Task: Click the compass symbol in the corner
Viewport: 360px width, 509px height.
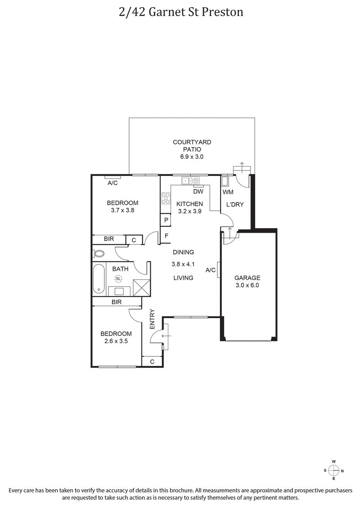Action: [333, 470]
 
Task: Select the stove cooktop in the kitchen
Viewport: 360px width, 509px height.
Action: [166, 198]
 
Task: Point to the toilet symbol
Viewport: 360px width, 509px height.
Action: [99, 253]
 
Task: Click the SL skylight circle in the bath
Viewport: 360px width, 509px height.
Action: [118, 279]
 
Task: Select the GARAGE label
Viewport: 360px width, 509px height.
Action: [247, 278]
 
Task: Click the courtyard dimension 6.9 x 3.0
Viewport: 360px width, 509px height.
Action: [192, 157]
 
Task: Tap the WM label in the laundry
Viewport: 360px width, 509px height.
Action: [228, 192]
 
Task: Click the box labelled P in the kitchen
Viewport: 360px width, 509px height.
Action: [166, 220]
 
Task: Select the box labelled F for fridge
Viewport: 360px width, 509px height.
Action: [166, 235]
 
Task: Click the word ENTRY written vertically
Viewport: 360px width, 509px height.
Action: [153, 319]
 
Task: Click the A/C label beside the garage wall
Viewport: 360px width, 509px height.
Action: [211, 270]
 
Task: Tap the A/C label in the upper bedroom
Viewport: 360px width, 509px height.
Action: [112, 183]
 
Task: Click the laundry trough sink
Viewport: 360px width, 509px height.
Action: [225, 181]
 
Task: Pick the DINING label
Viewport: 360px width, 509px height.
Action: [183, 252]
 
